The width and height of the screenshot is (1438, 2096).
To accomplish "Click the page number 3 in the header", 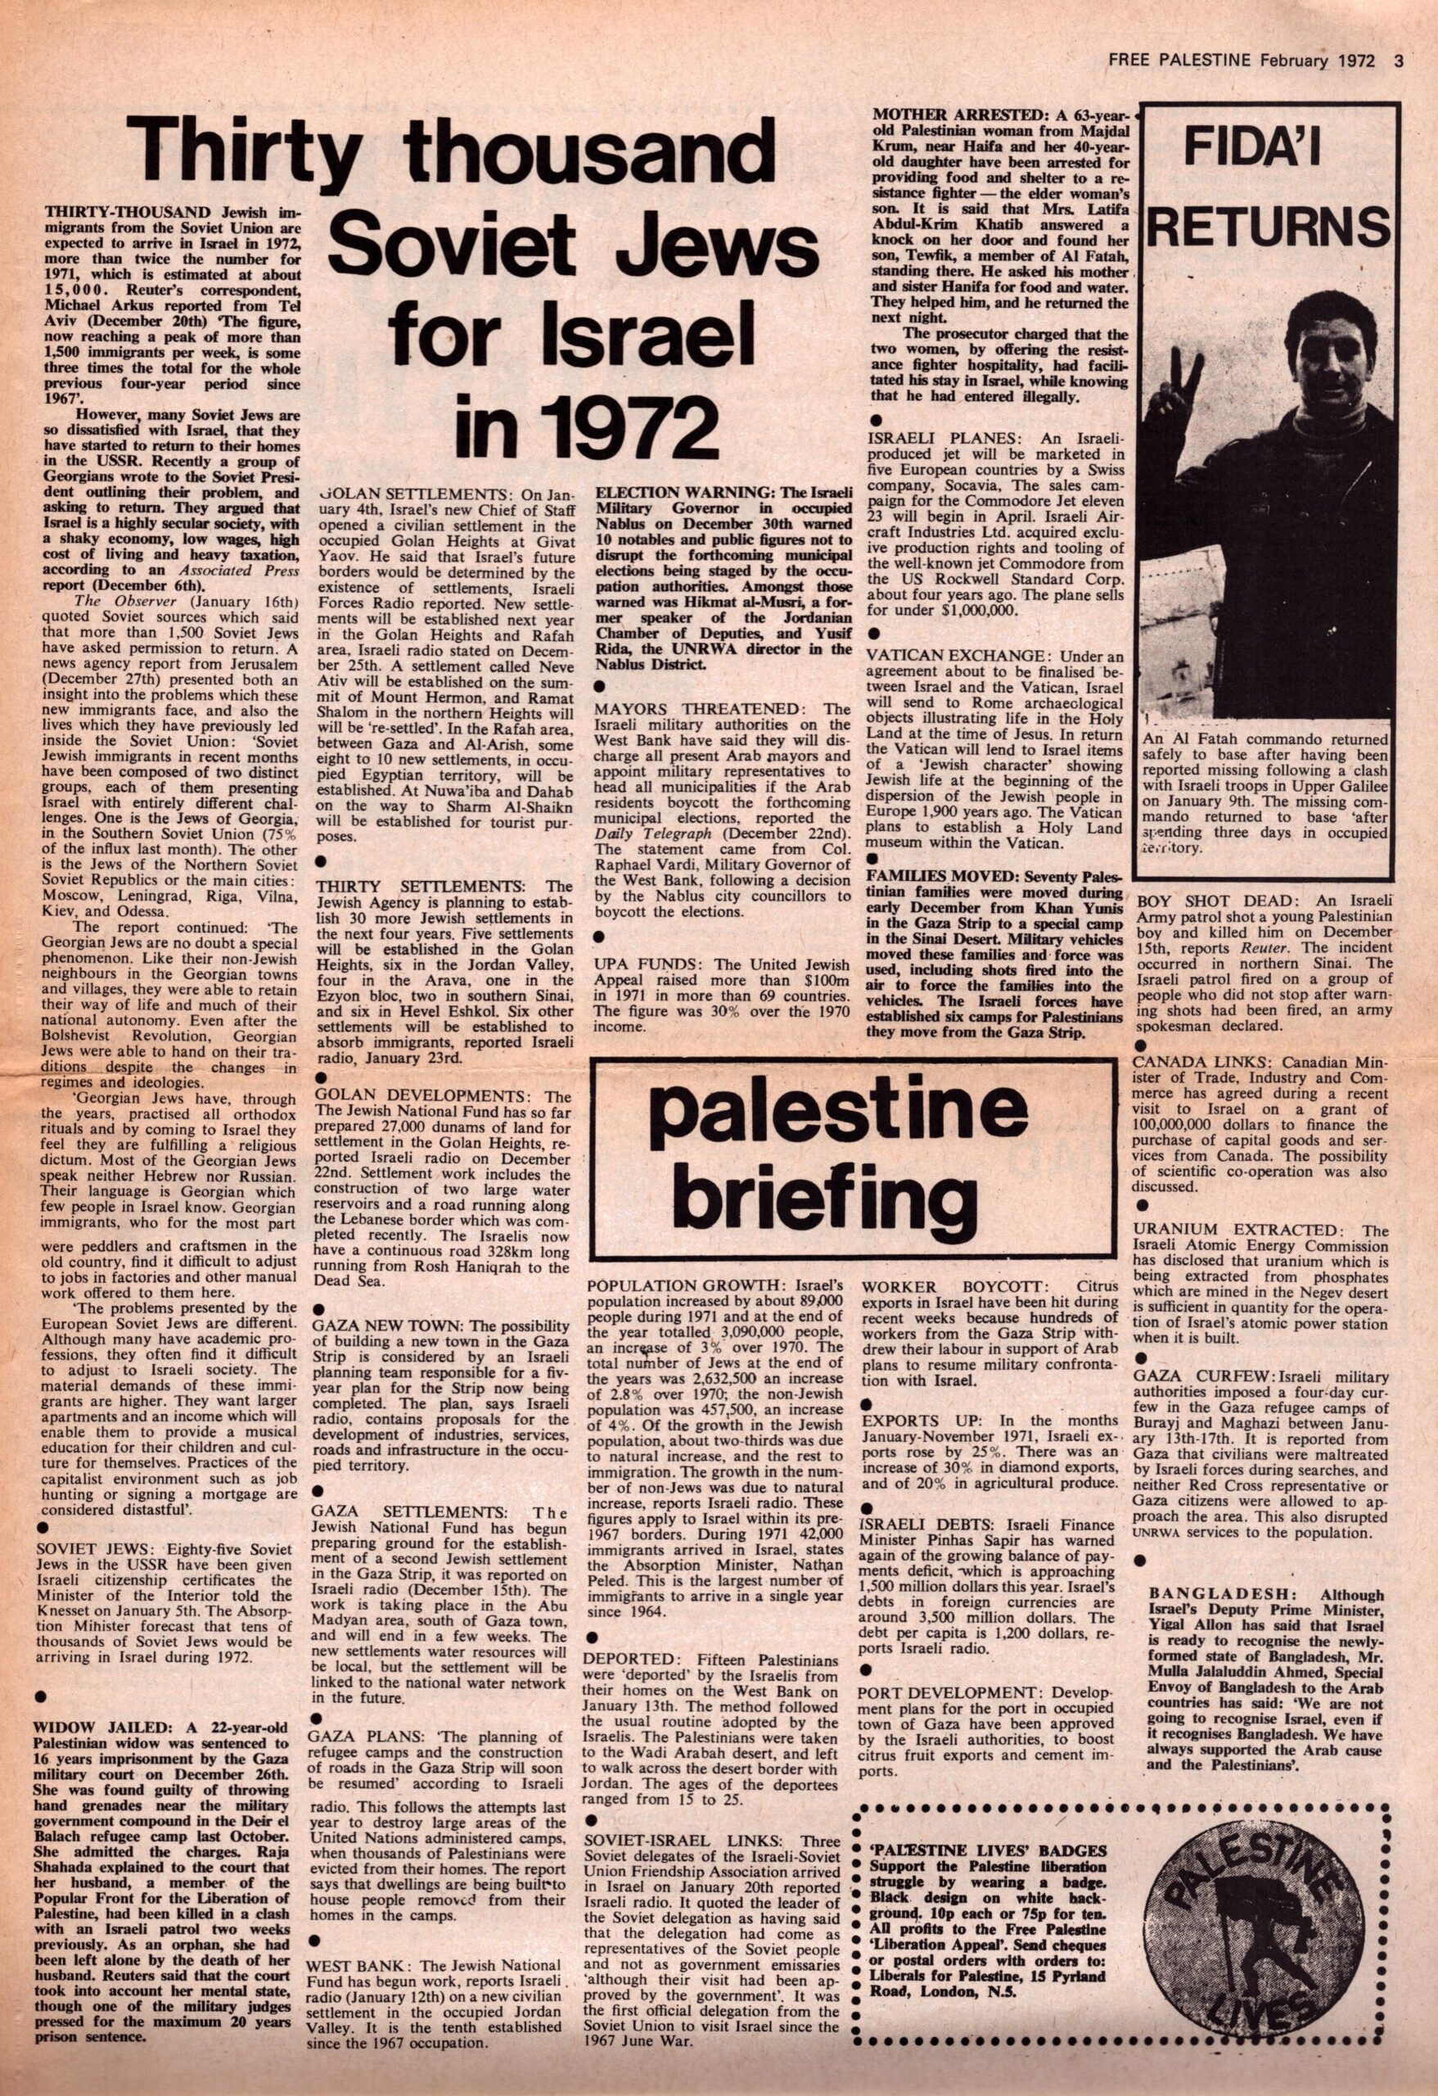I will [1399, 61].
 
